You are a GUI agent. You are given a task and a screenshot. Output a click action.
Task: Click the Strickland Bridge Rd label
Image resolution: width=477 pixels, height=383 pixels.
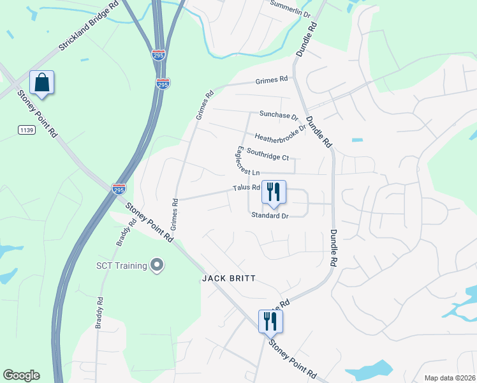(x=89, y=31)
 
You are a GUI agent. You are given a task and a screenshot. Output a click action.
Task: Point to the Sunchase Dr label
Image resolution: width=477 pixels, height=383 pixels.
(x=279, y=116)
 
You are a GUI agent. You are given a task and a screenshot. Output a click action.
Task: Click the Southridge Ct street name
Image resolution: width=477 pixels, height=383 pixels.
(x=268, y=154)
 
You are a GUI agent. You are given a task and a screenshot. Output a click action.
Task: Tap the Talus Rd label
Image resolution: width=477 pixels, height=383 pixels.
(x=246, y=188)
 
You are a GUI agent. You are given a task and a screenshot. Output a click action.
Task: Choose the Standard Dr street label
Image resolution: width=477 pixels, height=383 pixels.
(x=270, y=216)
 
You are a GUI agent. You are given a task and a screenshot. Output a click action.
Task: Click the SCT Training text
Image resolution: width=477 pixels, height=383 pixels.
(x=121, y=266)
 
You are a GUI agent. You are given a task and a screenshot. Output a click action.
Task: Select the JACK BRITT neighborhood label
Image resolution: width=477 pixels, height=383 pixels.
(x=229, y=278)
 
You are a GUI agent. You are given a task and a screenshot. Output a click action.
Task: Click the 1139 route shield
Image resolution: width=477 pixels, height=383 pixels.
(x=26, y=130)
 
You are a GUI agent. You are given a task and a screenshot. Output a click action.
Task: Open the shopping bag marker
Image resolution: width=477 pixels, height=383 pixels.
(x=42, y=83)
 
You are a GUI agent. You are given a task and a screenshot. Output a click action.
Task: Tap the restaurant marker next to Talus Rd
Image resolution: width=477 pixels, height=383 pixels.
(x=274, y=191)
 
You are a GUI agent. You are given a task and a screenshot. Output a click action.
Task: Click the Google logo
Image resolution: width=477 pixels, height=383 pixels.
(x=21, y=375)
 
